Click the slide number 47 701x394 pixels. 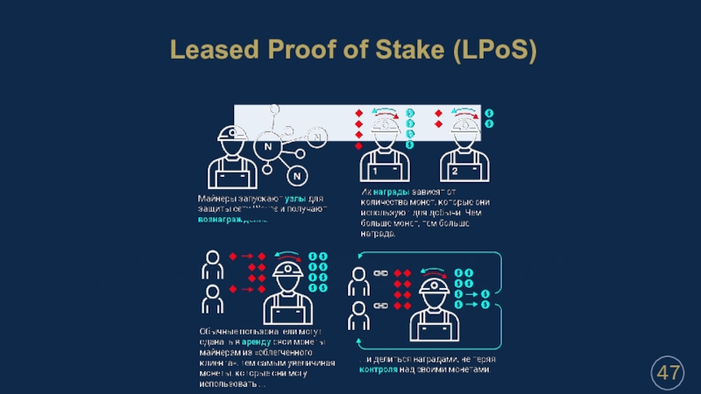tap(669, 374)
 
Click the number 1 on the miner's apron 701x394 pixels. tap(373, 170)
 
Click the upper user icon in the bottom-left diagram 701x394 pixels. tap(211, 263)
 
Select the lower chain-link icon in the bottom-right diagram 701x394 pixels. tap(381, 306)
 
